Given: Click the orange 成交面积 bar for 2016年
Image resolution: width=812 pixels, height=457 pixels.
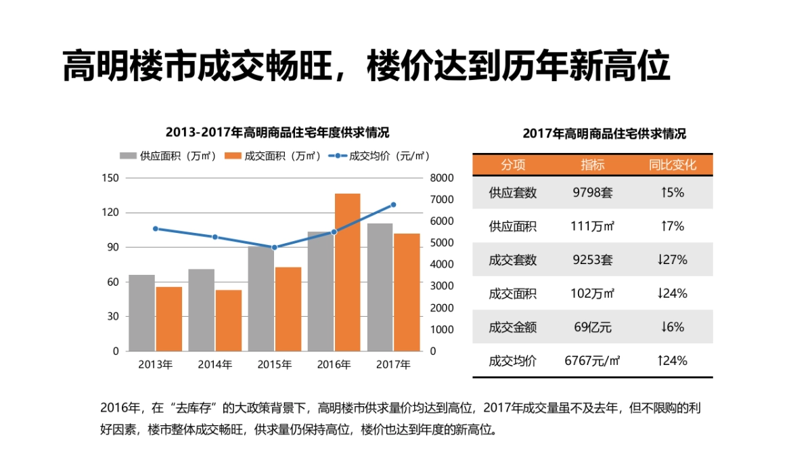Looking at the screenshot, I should coord(347,272).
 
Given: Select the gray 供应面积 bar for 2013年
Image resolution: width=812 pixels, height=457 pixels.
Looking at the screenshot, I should coord(142,313).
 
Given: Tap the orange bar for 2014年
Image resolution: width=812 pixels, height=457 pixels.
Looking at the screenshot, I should coord(228,320).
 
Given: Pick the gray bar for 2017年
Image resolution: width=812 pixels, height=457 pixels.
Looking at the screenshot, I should coord(380,287).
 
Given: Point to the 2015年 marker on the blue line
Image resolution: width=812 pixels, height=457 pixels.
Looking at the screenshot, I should coord(275,247).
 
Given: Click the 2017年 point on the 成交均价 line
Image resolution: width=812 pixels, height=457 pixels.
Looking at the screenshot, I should coord(393,204).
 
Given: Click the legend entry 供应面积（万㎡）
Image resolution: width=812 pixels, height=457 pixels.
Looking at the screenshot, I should coord(168,156).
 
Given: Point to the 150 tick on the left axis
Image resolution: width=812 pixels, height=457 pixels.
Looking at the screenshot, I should coord(110,178).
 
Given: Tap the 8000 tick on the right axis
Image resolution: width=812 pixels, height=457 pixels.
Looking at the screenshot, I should coord(442,178).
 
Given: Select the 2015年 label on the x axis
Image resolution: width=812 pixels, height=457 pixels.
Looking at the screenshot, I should coord(274,364).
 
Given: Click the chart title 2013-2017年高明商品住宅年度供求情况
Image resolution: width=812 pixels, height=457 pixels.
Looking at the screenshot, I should coord(277,132).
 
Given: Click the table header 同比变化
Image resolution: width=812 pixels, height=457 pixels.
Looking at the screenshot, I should coord(672,165).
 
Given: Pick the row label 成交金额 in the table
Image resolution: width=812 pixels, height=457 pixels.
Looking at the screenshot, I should coord(512,328).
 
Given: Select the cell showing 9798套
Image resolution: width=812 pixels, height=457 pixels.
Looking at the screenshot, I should coord(592,193).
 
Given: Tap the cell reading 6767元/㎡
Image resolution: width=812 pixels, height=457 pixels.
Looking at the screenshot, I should coord(592,361).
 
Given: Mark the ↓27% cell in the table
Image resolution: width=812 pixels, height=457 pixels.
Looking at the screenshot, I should coord(672,260).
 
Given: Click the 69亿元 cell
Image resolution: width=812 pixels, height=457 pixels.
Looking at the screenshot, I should coord(592,328).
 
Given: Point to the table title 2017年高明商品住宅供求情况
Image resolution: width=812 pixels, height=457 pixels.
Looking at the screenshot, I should coord(604,134).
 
